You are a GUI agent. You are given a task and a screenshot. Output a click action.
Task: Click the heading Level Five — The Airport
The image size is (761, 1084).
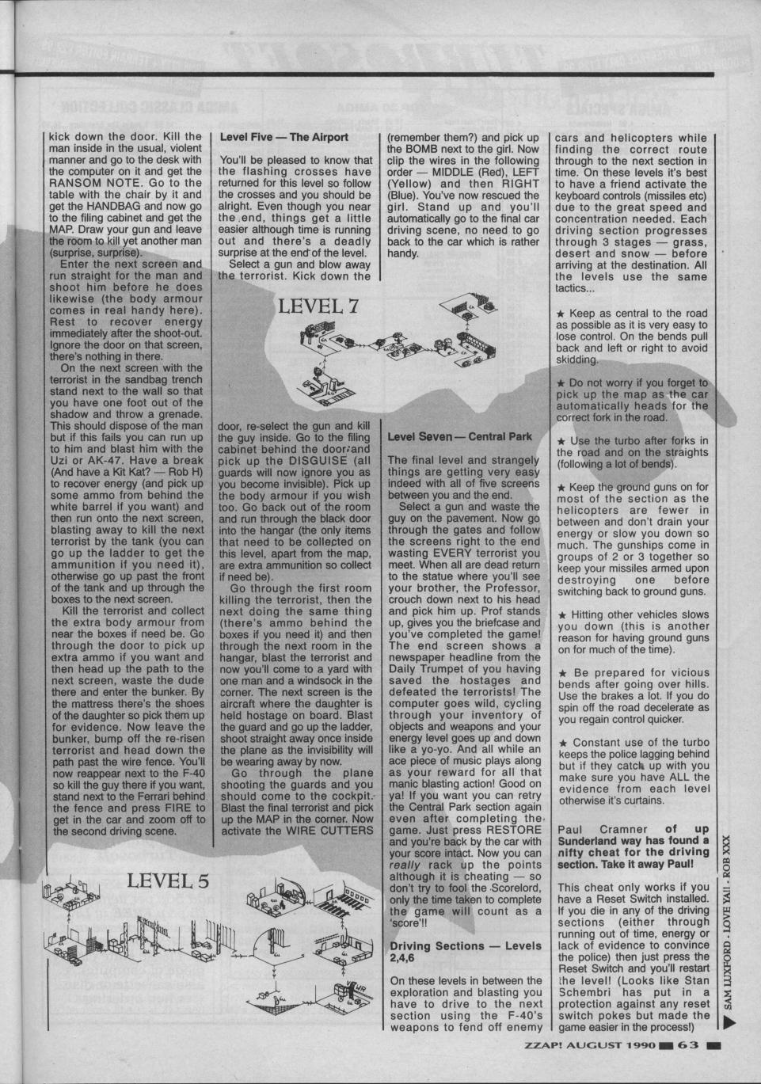[x=283, y=137]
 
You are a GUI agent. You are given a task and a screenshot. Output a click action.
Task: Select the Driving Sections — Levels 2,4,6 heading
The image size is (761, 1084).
[x=466, y=952]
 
